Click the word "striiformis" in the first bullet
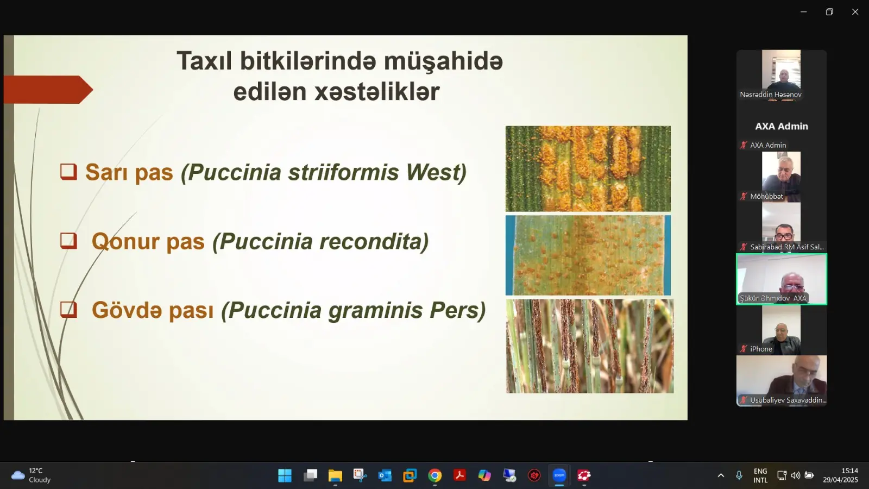343,172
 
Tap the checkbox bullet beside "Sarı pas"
68,172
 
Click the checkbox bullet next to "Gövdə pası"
68,310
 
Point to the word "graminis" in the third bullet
375,310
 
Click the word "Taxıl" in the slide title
204,61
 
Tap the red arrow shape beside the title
48,90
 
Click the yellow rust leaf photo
588,169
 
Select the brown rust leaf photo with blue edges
588,255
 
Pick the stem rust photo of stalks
590,346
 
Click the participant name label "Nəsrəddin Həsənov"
771,95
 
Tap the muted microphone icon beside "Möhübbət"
744,196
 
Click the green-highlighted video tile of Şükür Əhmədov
782,279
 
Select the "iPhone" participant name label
761,349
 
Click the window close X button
855,12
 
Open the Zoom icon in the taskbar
559,475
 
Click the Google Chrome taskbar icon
434,475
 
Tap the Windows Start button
285,475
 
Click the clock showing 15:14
849,471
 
